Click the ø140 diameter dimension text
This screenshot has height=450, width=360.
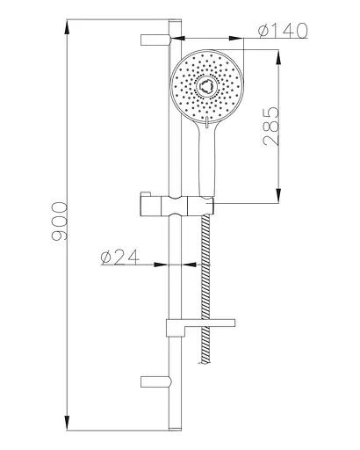[x=283, y=33]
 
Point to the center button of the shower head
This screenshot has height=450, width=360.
[x=207, y=86]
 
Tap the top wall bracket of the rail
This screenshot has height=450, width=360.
[x=155, y=38]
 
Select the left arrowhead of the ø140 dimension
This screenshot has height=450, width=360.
[x=176, y=39]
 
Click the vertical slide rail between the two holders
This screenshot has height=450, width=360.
[x=174, y=272]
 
